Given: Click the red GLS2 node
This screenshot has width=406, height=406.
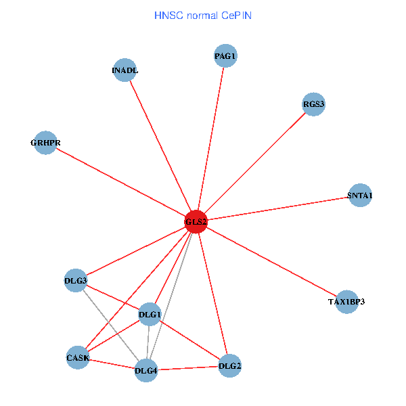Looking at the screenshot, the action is point(196,221).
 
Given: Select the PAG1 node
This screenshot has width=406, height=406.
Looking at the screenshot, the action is point(225,57).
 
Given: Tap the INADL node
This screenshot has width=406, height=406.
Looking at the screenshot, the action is point(125,70).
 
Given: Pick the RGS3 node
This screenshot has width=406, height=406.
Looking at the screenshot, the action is point(313,104).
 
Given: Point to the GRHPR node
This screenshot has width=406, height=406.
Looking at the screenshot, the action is point(45,143).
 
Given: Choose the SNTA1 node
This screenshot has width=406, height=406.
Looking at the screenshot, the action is point(359,196).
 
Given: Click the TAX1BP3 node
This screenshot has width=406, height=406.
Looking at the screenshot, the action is point(346,301).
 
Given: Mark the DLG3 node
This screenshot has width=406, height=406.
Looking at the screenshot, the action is point(76,280).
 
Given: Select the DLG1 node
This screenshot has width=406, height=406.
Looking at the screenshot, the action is point(150,315).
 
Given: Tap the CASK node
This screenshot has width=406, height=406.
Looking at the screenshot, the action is point(78,357).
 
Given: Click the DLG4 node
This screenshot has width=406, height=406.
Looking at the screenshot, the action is point(146,370).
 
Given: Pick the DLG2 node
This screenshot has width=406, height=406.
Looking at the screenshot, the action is point(230,366).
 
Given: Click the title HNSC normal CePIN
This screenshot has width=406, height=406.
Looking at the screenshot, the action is point(203,15).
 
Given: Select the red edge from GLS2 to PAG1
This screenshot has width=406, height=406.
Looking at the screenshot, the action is point(210,139).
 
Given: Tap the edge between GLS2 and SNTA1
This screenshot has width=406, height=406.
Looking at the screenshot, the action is point(277,208).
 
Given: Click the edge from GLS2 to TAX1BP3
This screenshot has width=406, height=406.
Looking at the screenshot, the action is point(271,261).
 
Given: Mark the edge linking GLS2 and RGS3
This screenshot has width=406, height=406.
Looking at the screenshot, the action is point(254,162).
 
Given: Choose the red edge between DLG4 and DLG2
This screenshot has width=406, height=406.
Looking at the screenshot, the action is point(188,368).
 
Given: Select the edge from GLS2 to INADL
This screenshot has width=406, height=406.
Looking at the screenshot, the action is point(160,145).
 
